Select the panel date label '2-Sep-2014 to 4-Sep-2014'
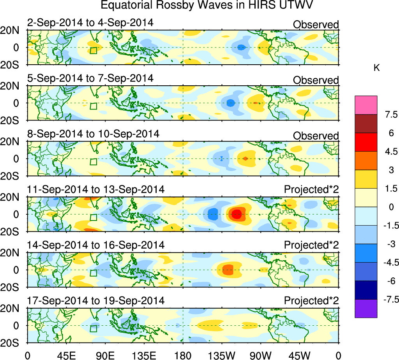tap(90, 23)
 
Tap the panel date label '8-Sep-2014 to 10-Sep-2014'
tap(93, 134)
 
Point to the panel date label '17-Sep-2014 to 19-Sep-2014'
tap(96, 301)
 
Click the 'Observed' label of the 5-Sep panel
tap(316, 80)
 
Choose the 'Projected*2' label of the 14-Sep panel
tap(311, 245)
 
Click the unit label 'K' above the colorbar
tap(376, 68)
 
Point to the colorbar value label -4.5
tap(385, 263)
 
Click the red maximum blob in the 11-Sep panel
tap(236, 214)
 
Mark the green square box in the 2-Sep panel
tap(93, 50)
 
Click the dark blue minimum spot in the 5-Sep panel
tap(230, 103)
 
